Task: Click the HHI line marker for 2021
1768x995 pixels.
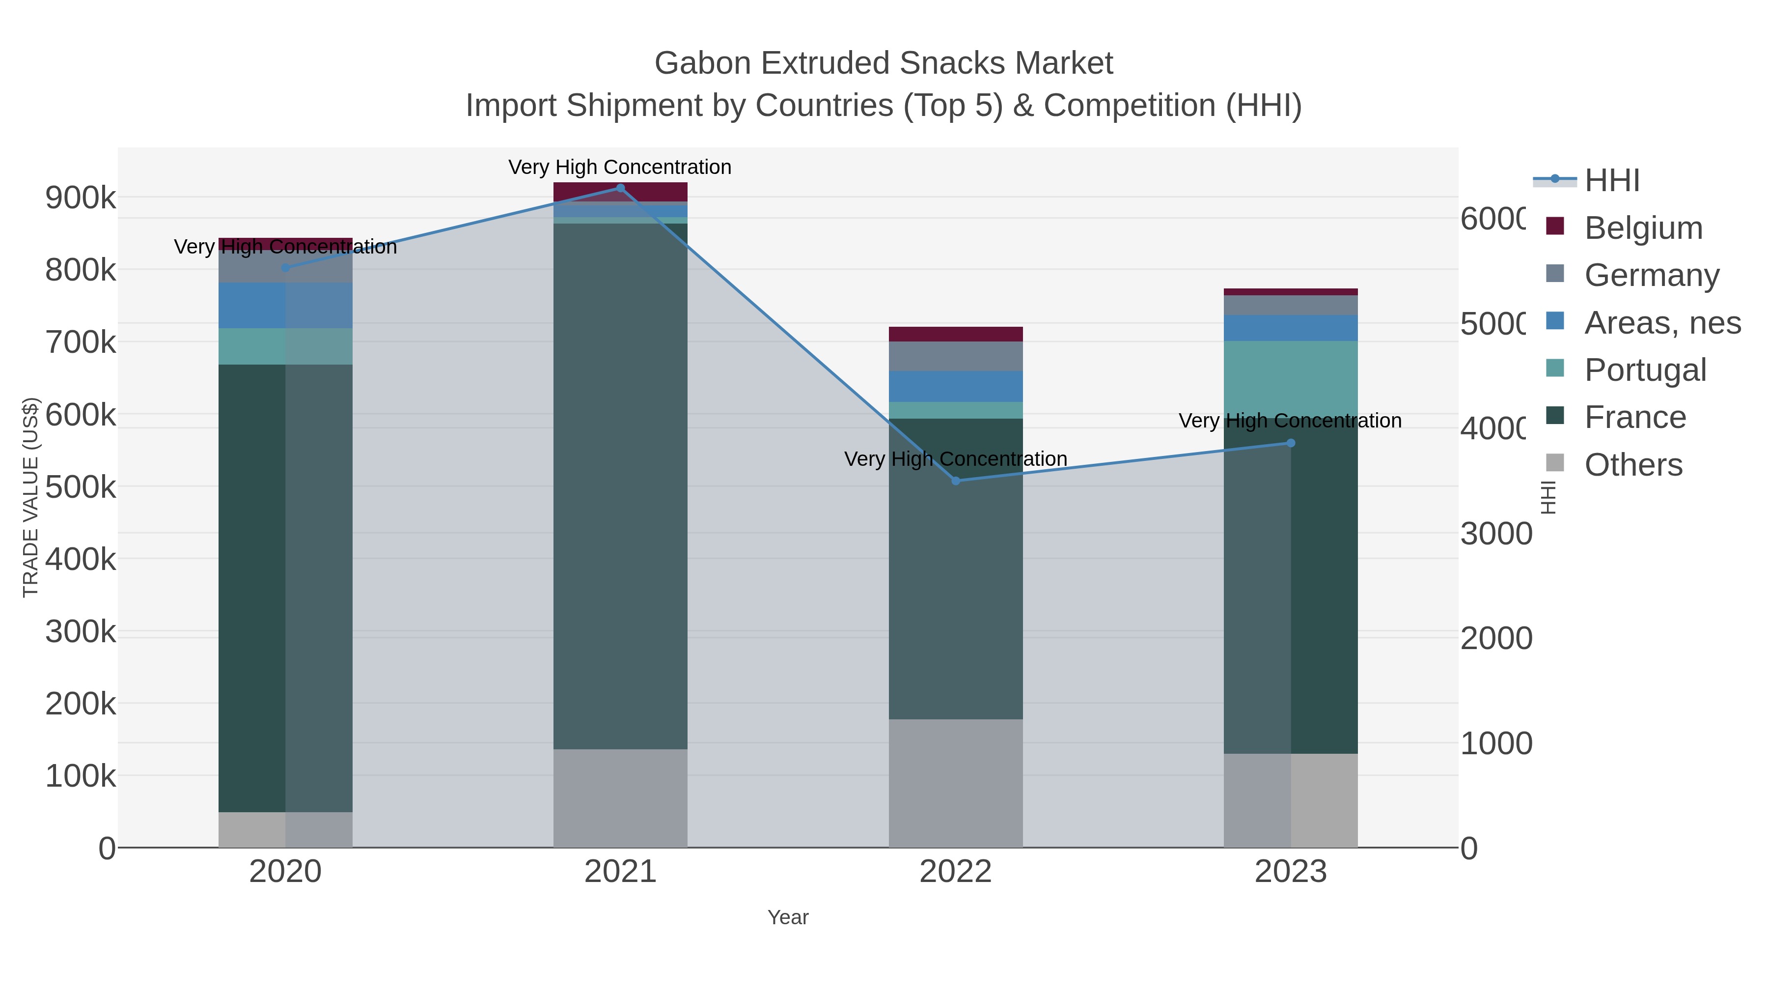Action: coord(620,188)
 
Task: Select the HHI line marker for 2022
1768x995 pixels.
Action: coord(956,481)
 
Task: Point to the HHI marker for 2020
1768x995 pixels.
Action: coord(285,268)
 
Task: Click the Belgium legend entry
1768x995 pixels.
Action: coord(1643,227)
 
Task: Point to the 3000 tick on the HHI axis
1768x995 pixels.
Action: coord(1496,534)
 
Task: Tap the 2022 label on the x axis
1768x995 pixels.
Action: coord(955,872)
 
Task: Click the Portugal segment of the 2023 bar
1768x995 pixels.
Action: coord(1290,377)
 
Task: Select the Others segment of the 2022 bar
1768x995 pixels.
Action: coord(955,783)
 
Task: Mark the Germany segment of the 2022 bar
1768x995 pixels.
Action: coord(955,356)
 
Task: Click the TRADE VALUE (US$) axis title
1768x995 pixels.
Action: coord(31,497)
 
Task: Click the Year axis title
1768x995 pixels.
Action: coord(788,917)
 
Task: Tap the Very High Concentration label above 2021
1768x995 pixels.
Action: coord(620,167)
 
